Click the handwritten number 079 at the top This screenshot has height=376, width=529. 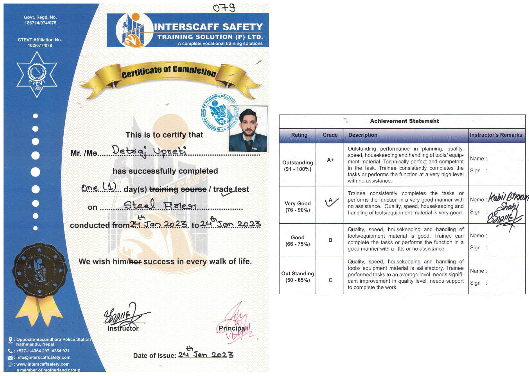click(x=224, y=8)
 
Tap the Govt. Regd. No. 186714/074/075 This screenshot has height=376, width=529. click(x=40, y=20)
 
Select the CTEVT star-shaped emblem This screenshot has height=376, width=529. click(x=37, y=75)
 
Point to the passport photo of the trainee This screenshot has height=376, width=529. click(x=248, y=129)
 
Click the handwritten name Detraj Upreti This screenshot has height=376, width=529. click(x=149, y=151)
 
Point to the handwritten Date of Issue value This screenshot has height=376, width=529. click(x=206, y=354)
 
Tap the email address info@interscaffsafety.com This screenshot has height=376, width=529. click(x=43, y=357)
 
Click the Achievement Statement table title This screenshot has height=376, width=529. click(x=404, y=121)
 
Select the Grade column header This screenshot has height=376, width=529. click(x=330, y=135)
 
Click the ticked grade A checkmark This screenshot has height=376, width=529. click(x=331, y=202)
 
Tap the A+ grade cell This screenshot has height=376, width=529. click(x=330, y=160)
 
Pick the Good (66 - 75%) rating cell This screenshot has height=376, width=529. click(x=297, y=241)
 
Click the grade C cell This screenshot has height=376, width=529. click(x=330, y=280)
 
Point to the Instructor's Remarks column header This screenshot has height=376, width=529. click(x=496, y=135)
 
